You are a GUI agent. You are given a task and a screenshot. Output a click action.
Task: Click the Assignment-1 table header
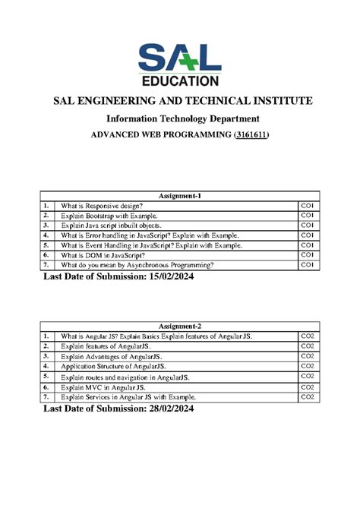(x=179, y=195)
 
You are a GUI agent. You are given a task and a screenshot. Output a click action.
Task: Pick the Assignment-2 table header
(x=179, y=326)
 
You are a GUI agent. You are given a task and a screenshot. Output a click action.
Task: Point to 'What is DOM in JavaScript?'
(x=104, y=256)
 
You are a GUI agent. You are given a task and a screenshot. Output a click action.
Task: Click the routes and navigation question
(x=125, y=377)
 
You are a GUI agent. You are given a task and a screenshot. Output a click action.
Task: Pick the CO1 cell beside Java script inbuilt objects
(x=308, y=226)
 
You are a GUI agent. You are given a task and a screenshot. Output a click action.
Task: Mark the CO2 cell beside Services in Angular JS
(x=308, y=396)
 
